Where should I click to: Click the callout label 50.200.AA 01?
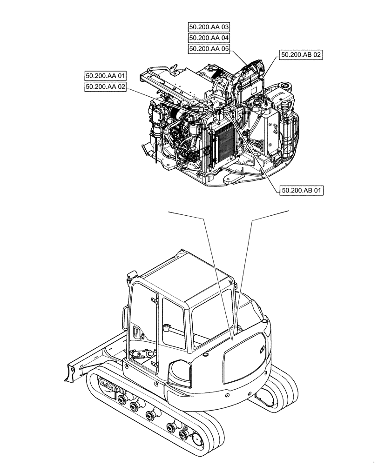pyautogui.click(x=106, y=75)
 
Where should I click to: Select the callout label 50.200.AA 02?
pyautogui.click(x=106, y=86)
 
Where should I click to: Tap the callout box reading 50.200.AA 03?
pyautogui.click(x=209, y=27)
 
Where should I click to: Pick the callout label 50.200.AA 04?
pyautogui.click(x=209, y=38)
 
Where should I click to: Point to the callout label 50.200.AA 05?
pyautogui.click(x=209, y=49)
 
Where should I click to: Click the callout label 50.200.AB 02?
pyautogui.click(x=301, y=55)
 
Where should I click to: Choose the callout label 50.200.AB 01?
pyautogui.click(x=301, y=190)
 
